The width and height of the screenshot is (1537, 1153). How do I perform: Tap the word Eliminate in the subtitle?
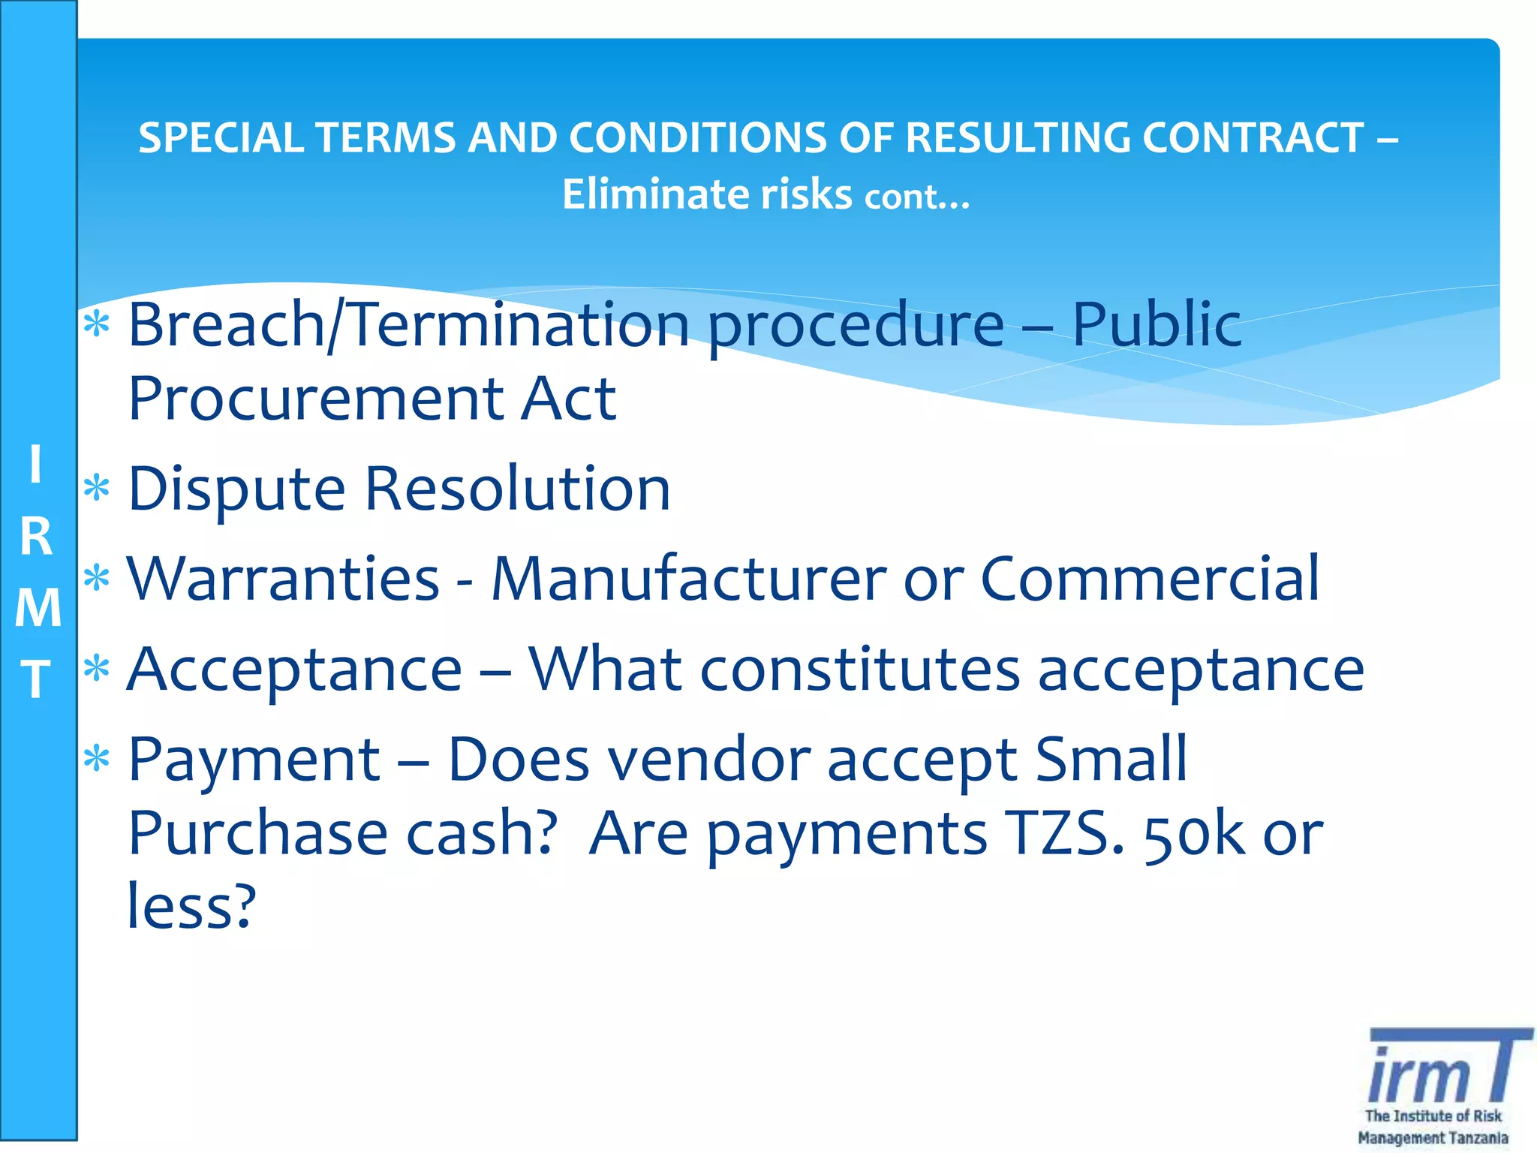[655, 194]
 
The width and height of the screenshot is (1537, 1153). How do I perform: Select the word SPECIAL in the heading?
[221, 138]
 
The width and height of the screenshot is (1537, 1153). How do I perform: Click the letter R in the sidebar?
[36, 537]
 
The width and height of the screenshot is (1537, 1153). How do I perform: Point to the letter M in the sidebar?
[38, 607]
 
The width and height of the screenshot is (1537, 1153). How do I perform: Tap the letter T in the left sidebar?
[36, 679]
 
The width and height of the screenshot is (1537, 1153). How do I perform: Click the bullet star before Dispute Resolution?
[97, 489]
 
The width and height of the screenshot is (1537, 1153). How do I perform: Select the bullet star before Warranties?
[97, 579]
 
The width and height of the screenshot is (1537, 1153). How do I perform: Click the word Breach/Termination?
[408, 324]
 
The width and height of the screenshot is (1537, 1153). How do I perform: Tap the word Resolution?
[518, 489]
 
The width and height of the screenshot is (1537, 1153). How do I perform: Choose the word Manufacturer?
[689, 579]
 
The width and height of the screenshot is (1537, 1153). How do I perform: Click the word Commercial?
[1150, 579]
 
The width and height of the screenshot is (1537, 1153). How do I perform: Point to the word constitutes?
[859, 670]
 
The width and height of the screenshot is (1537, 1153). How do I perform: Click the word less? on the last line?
[191, 907]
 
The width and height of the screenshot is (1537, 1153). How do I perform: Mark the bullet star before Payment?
[97, 759]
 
